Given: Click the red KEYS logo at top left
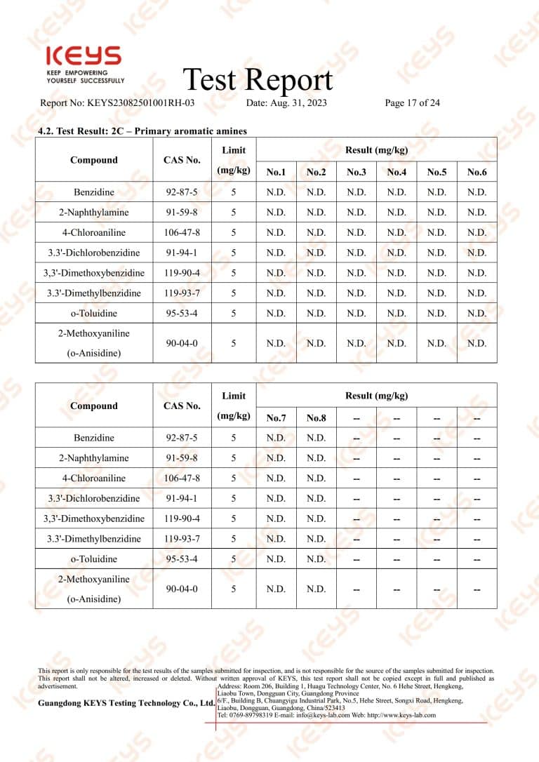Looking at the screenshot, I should coord(83,57).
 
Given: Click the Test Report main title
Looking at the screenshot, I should coord(257,80).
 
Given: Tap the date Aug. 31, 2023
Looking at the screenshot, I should coord(286,103).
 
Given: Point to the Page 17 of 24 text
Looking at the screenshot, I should coord(412,103).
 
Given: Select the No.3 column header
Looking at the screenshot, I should coord(356,172).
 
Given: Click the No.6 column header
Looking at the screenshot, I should coord(477,172).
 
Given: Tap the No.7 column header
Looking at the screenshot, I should coord(276,418).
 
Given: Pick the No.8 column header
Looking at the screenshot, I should coord(316,418).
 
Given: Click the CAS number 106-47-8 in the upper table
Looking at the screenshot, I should coord(182,233).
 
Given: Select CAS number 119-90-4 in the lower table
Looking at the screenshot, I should coord(182,519).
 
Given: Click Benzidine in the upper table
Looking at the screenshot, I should coord(94,192).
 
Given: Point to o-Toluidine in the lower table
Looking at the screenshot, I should coord(94,559).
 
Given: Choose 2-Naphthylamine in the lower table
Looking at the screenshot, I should coord(94,458).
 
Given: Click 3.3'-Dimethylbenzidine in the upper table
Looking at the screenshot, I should coord(94,293).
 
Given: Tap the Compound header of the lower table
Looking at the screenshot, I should coord(94,406).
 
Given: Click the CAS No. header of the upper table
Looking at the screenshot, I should coord(182,160).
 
